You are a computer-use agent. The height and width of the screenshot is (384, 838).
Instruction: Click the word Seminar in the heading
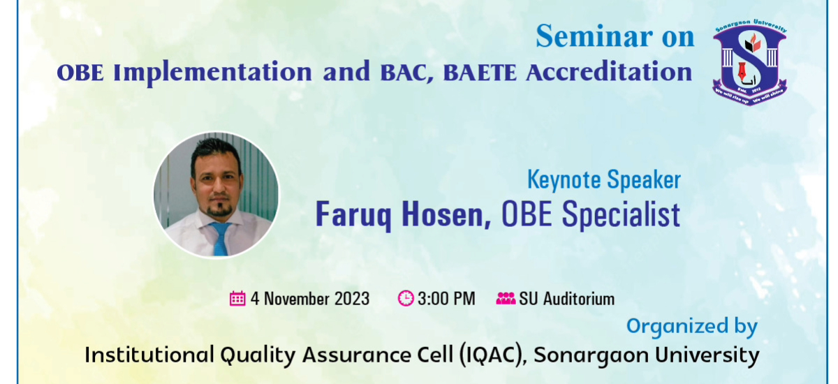[594, 36]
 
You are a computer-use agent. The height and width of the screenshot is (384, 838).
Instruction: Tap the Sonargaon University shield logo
[750, 62]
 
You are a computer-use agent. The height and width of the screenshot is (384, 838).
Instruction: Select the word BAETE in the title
[480, 73]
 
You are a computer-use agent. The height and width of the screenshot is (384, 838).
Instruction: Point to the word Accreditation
[609, 72]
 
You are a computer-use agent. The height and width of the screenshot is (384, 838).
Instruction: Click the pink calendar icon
[237, 298]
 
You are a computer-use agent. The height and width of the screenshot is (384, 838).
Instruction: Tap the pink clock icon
[406, 298]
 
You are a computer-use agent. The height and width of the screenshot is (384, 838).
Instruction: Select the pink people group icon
[506, 298]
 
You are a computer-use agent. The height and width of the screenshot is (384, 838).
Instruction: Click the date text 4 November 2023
[310, 299]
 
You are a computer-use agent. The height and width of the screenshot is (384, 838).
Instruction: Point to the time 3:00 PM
[446, 299]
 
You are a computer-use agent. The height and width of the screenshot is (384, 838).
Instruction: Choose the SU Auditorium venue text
[567, 299]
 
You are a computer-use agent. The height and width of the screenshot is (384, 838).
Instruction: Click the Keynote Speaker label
[604, 180]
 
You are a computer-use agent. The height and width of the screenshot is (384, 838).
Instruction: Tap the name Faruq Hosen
[404, 215]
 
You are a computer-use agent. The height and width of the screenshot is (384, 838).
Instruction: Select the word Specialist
[621, 214]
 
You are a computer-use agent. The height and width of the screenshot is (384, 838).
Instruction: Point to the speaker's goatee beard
[219, 209]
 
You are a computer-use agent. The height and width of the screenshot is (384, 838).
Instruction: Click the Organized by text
[692, 327]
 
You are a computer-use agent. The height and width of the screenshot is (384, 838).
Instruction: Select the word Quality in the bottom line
[258, 355]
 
